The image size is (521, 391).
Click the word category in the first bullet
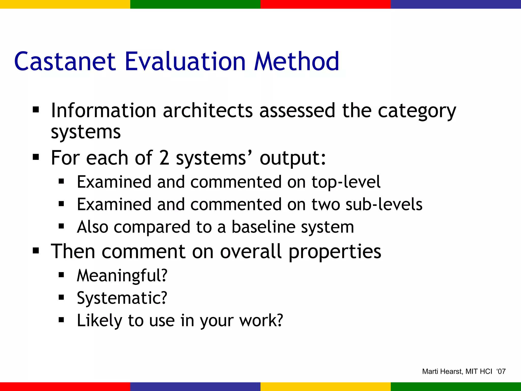pyautogui.click(x=417, y=111)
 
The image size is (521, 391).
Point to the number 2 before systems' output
pyautogui.click(x=164, y=158)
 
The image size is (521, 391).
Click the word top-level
pyautogui.click(x=346, y=182)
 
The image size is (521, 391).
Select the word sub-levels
pyautogui.click(x=384, y=205)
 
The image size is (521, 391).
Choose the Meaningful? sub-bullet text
pyautogui.click(x=122, y=275)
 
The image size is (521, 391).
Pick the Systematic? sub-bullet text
pyautogui.click(x=122, y=298)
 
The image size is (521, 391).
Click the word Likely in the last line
pyautogui.click(x=99, y=320)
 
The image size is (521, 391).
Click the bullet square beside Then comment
pyautogui.click(x=36, y=251)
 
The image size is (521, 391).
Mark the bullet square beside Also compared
pyautogui.click(x=61, y=226)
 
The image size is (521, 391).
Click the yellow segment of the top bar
pyautogui.click(x=65, y=4)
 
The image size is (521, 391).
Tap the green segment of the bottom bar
pyautogui.click(x=456, y=387)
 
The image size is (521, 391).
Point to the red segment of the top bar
pyautogui.click(x=326, y=4)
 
